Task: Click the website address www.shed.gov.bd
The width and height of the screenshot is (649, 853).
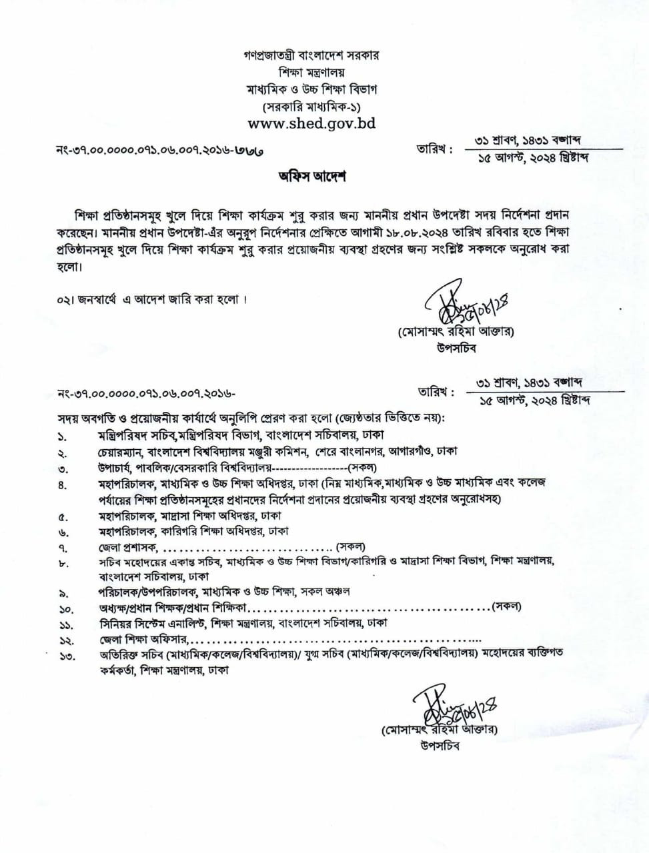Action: (x=311, y=123)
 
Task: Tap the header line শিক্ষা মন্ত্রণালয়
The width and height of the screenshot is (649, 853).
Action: (x=312, y=72)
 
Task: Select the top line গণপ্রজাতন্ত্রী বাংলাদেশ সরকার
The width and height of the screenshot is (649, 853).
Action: (x=312, y=55)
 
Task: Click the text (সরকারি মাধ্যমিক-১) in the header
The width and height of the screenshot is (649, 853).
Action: (x=312, y=107)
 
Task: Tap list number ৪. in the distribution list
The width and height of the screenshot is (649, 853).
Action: (x=63, y=485)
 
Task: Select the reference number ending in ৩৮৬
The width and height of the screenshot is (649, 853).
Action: (x=160, y=152)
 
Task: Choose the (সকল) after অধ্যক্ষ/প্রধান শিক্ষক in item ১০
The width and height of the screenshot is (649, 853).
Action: (x=506, y=606)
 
